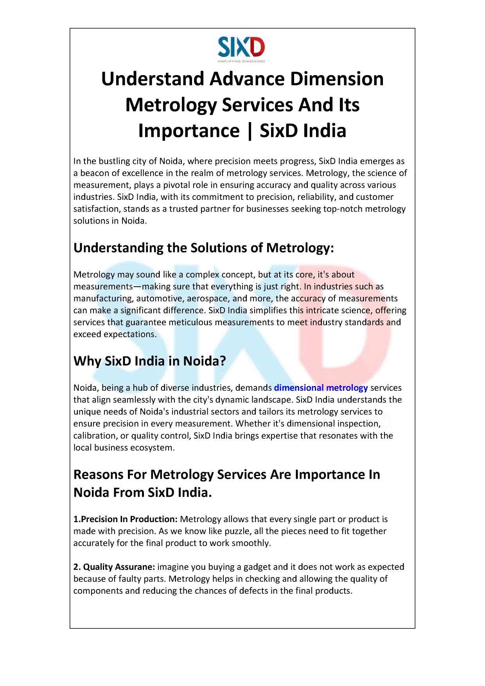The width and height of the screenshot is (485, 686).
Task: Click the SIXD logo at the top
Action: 241,49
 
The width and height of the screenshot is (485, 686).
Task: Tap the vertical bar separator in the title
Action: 250,131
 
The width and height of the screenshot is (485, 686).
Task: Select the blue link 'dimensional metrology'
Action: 321,388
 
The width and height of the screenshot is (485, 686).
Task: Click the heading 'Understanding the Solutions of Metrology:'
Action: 204,248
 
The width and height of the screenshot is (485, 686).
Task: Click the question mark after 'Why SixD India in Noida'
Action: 223,361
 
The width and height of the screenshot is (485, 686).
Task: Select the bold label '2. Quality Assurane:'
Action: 114,567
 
